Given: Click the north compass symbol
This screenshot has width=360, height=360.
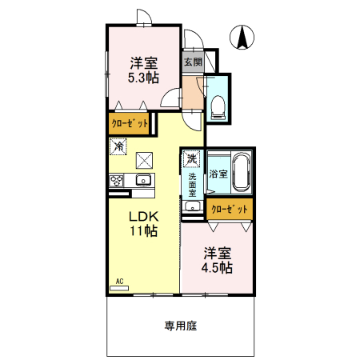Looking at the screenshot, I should [242, 37].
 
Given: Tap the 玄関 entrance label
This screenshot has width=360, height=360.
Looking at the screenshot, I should [192, 62].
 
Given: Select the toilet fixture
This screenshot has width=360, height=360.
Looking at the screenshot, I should [218, 106].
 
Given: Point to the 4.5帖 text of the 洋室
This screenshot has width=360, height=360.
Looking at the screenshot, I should [218, 268].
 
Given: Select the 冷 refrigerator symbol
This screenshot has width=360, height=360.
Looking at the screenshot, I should [118, 146].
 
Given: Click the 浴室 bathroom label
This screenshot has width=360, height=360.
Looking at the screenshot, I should [218, 173].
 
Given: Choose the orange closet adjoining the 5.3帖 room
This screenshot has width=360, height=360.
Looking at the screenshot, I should [130, 124].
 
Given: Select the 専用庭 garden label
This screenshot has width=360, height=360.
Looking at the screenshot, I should [181, 326].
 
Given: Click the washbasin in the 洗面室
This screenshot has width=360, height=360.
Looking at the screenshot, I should [192, 206].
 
